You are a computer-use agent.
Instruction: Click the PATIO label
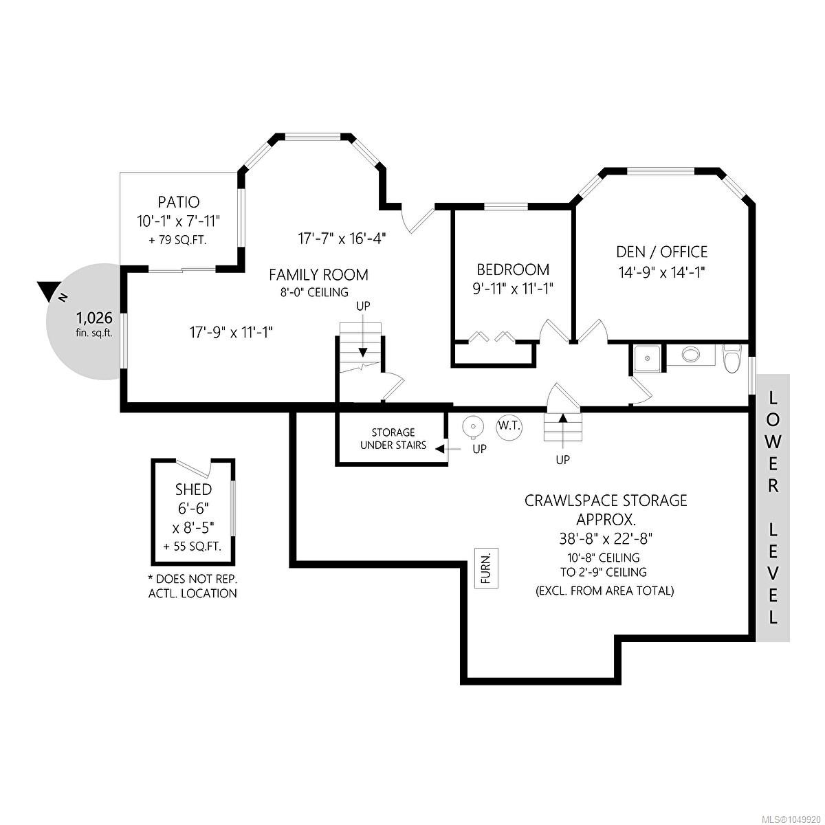pos(179,201)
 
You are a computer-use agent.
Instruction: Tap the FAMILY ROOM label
pos(318,274)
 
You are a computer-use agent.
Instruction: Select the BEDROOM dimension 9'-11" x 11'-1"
pos(513,289)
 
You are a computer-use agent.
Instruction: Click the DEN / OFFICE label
pos(661,252)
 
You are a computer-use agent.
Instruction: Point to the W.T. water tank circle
pos(509,426)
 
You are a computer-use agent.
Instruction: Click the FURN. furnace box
pos(486,568)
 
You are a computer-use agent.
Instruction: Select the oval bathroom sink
pos(690,354)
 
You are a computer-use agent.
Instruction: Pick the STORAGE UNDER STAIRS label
pos(393,439)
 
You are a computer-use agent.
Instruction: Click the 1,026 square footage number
pos(94,318)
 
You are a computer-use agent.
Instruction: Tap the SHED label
pos(193,489)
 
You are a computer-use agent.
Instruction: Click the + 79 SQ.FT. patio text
pos(177,240)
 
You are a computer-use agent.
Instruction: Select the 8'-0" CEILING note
pos(314,292)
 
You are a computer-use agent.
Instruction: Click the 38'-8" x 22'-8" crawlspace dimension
pos(606,538)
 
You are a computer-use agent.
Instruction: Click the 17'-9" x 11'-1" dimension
pos(231,332)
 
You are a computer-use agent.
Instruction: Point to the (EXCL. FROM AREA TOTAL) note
pos(604,591)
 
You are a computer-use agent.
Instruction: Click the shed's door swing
pos(195,468)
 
